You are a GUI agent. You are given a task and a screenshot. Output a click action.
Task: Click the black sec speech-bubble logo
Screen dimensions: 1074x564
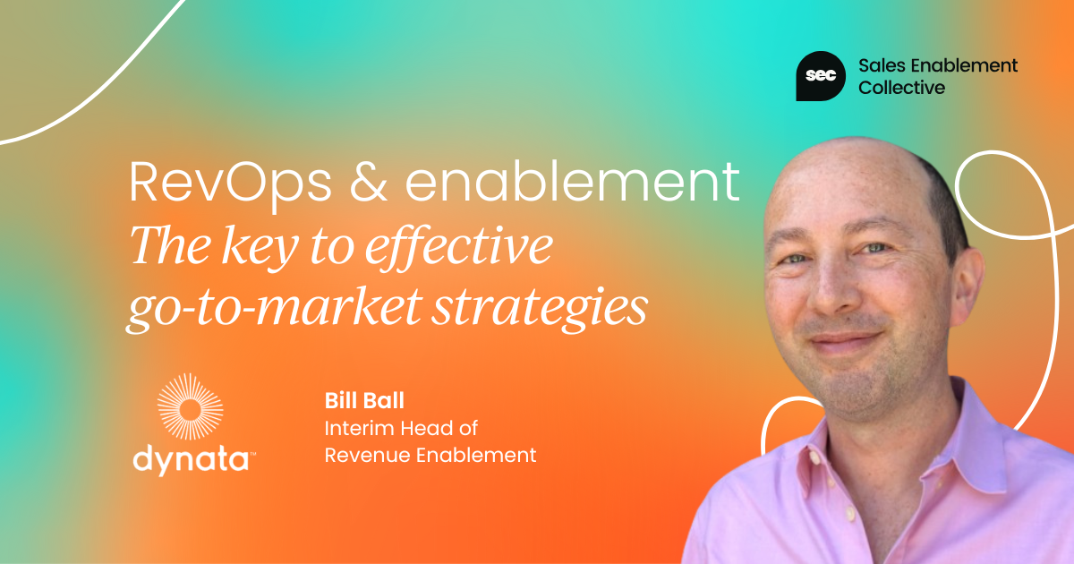(x=821, y=76)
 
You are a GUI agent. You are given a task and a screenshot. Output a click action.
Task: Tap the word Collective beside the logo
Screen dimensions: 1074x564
(x=901, y=88)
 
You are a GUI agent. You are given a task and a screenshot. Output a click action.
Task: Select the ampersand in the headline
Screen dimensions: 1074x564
(x=368, y=183)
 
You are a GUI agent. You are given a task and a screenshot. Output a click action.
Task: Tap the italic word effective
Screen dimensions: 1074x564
(x=459, y=246)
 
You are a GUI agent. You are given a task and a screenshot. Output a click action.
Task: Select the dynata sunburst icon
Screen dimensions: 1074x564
(x=191, y=406)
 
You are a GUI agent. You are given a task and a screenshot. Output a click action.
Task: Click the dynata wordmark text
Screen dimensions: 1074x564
(x=193, y=459)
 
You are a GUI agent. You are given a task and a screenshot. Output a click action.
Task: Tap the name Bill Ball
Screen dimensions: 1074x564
(x=364, y=400)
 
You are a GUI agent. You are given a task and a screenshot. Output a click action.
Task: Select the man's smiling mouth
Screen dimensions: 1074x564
(x=846, y=341)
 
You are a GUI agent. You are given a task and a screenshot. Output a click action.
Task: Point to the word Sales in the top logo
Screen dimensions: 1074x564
(x=880, y=65)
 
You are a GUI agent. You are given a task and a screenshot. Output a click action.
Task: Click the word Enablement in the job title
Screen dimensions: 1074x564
(x=476, y=455)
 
